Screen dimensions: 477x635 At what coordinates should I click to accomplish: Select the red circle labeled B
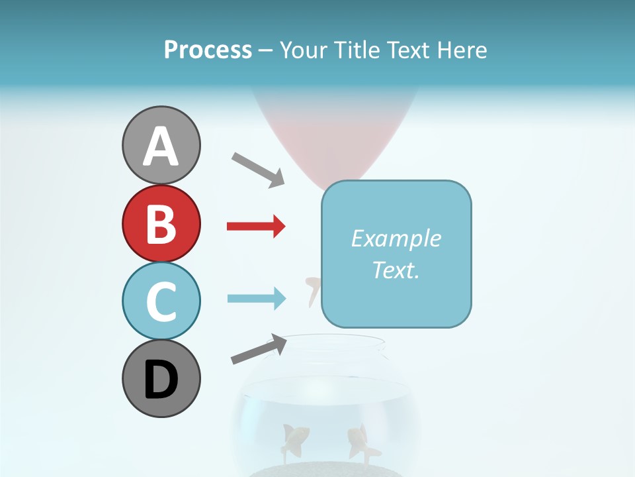click(x=161, y=223)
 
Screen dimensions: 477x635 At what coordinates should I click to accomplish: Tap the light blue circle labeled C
click(x=161, y=301)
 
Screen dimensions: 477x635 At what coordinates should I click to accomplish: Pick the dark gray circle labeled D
click(x=161, y=378)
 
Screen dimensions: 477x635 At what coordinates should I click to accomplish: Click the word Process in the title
click(x=208, y=50)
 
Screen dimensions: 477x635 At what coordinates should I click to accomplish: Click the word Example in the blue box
click(x=396, y=238)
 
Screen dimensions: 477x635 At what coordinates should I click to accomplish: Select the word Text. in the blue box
click(x=396, y=270)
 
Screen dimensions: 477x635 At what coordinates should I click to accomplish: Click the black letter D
click(x=161, y=380)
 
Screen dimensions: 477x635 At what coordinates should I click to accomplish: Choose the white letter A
click(x=161, y=146)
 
